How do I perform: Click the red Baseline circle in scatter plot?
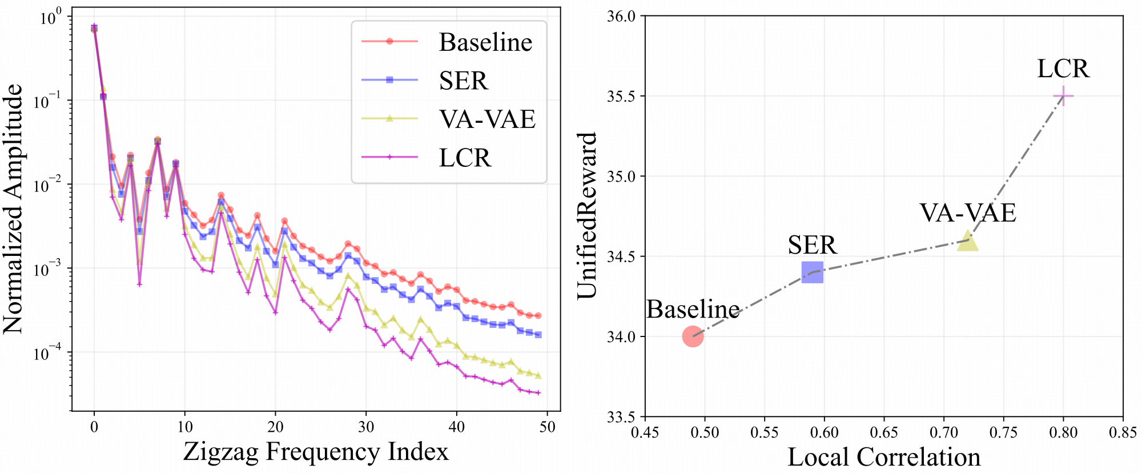pos(693,336)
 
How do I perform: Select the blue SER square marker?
pos(813,272)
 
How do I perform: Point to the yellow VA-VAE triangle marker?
pos(968,241)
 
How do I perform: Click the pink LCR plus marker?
pos(1063,96)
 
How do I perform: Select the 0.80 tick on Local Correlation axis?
pos(1063,432)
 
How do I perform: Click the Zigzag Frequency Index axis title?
pos(316,451)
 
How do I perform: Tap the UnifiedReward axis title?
pos(586,215)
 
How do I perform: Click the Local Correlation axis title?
pos(884,457)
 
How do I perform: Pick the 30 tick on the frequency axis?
pos(366,427)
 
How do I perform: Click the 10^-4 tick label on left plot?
pos(49,353)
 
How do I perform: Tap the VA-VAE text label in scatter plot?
pos(968,213)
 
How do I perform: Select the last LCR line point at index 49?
pos(538,392)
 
